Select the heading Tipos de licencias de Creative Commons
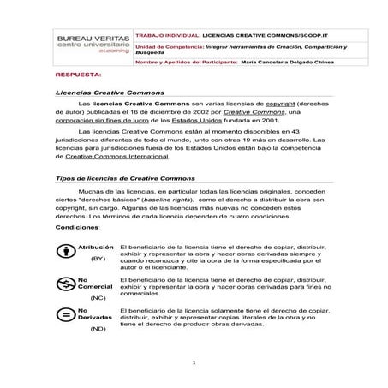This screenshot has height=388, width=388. coord(127,177)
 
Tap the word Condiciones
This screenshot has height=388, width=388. coord(76,229)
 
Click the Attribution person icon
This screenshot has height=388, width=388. coord(64,252)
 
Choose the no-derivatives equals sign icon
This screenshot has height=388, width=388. coord(64,314)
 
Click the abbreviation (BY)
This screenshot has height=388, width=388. coord(98,258)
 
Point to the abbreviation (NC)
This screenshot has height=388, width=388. coord(98,297)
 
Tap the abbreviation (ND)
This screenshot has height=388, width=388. coord(98,327)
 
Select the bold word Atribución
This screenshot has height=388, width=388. coord(96,246)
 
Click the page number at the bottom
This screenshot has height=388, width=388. coord(194,362)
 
